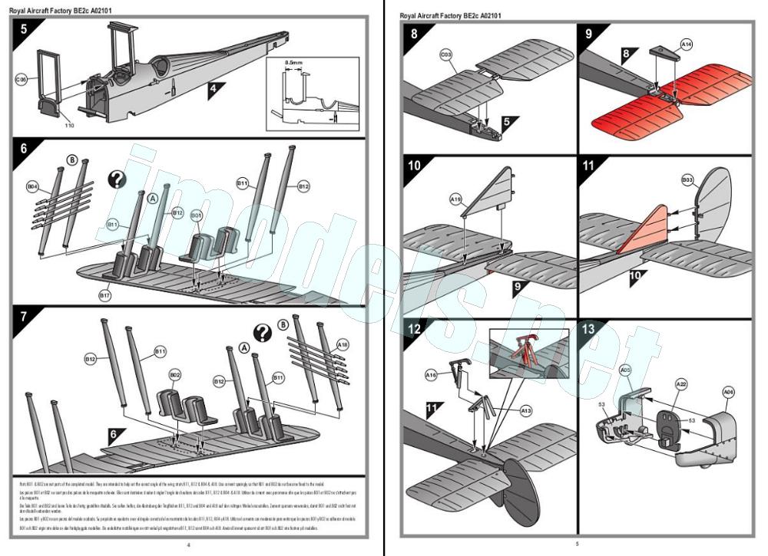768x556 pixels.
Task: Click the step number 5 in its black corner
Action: pos(24,31)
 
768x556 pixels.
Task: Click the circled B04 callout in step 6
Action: pos(32,186)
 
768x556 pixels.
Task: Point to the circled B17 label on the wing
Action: pos(104,294)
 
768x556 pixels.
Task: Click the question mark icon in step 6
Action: pos(116,179)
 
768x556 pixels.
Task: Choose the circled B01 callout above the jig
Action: pos(196,216)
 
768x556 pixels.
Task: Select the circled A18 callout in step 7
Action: pos(343,346)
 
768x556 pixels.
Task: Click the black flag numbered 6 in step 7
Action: pos(114,434)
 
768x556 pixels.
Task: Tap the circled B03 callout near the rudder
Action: pos(687,181)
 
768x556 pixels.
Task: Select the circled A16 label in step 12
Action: pos(432,375)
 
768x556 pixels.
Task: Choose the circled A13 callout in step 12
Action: pos(526,412)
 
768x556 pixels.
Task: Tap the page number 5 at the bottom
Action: pos(577,544)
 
